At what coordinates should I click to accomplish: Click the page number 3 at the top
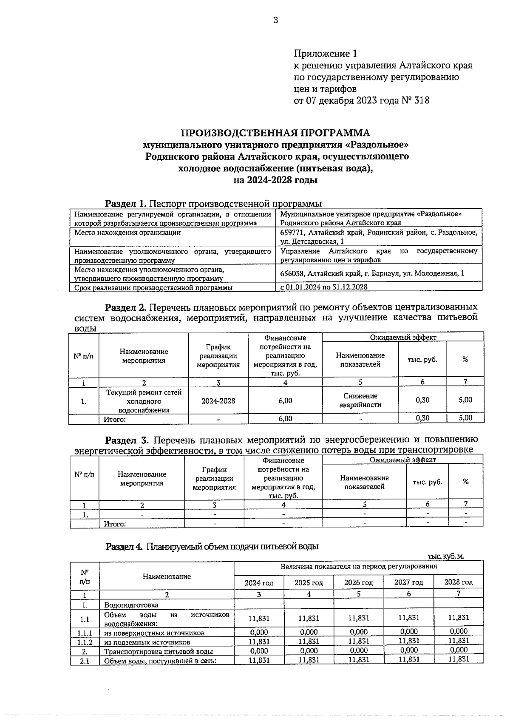tap(275, 20)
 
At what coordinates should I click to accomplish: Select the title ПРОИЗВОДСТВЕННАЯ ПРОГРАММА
tap(275, 133)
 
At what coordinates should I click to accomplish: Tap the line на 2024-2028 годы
tap(275, 180)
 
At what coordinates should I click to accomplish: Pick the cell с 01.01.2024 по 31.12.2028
tap(324, 287)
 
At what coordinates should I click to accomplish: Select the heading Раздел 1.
tap(126, 203)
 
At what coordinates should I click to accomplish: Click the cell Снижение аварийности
tap(360, 400)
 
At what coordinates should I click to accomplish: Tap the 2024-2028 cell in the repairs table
tap(218, 401)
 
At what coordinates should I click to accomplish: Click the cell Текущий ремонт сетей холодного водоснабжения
tap(144, 401)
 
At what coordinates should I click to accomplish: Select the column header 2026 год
tap(358, 582)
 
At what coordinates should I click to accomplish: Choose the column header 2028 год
tap(458, 582)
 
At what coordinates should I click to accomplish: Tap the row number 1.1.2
tap(85, 642)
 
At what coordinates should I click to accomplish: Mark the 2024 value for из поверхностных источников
tap(259, 632)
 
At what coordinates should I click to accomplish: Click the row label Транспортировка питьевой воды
tap(158, 651)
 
